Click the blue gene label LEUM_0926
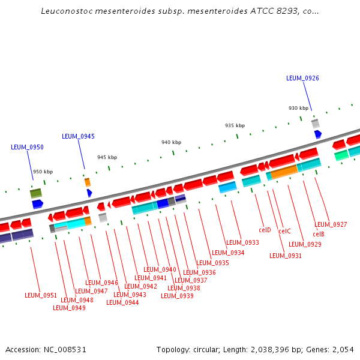[302, 78]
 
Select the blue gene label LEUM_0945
[78, 136]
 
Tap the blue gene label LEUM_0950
[27, 147]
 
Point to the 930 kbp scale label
[298, 108]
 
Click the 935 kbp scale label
[235, 125]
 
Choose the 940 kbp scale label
[171, 142]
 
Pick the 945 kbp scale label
[107, 157]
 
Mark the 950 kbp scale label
[43, 172]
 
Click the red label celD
[265, 230]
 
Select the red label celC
[284, 231]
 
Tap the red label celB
[318, 234]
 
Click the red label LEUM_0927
[331, 224]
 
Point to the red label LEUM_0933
[243, 243]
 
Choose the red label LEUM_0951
[41, 295]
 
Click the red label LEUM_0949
[69, 308]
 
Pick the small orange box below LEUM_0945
[87, 182]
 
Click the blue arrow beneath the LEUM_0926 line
[317, 134]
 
